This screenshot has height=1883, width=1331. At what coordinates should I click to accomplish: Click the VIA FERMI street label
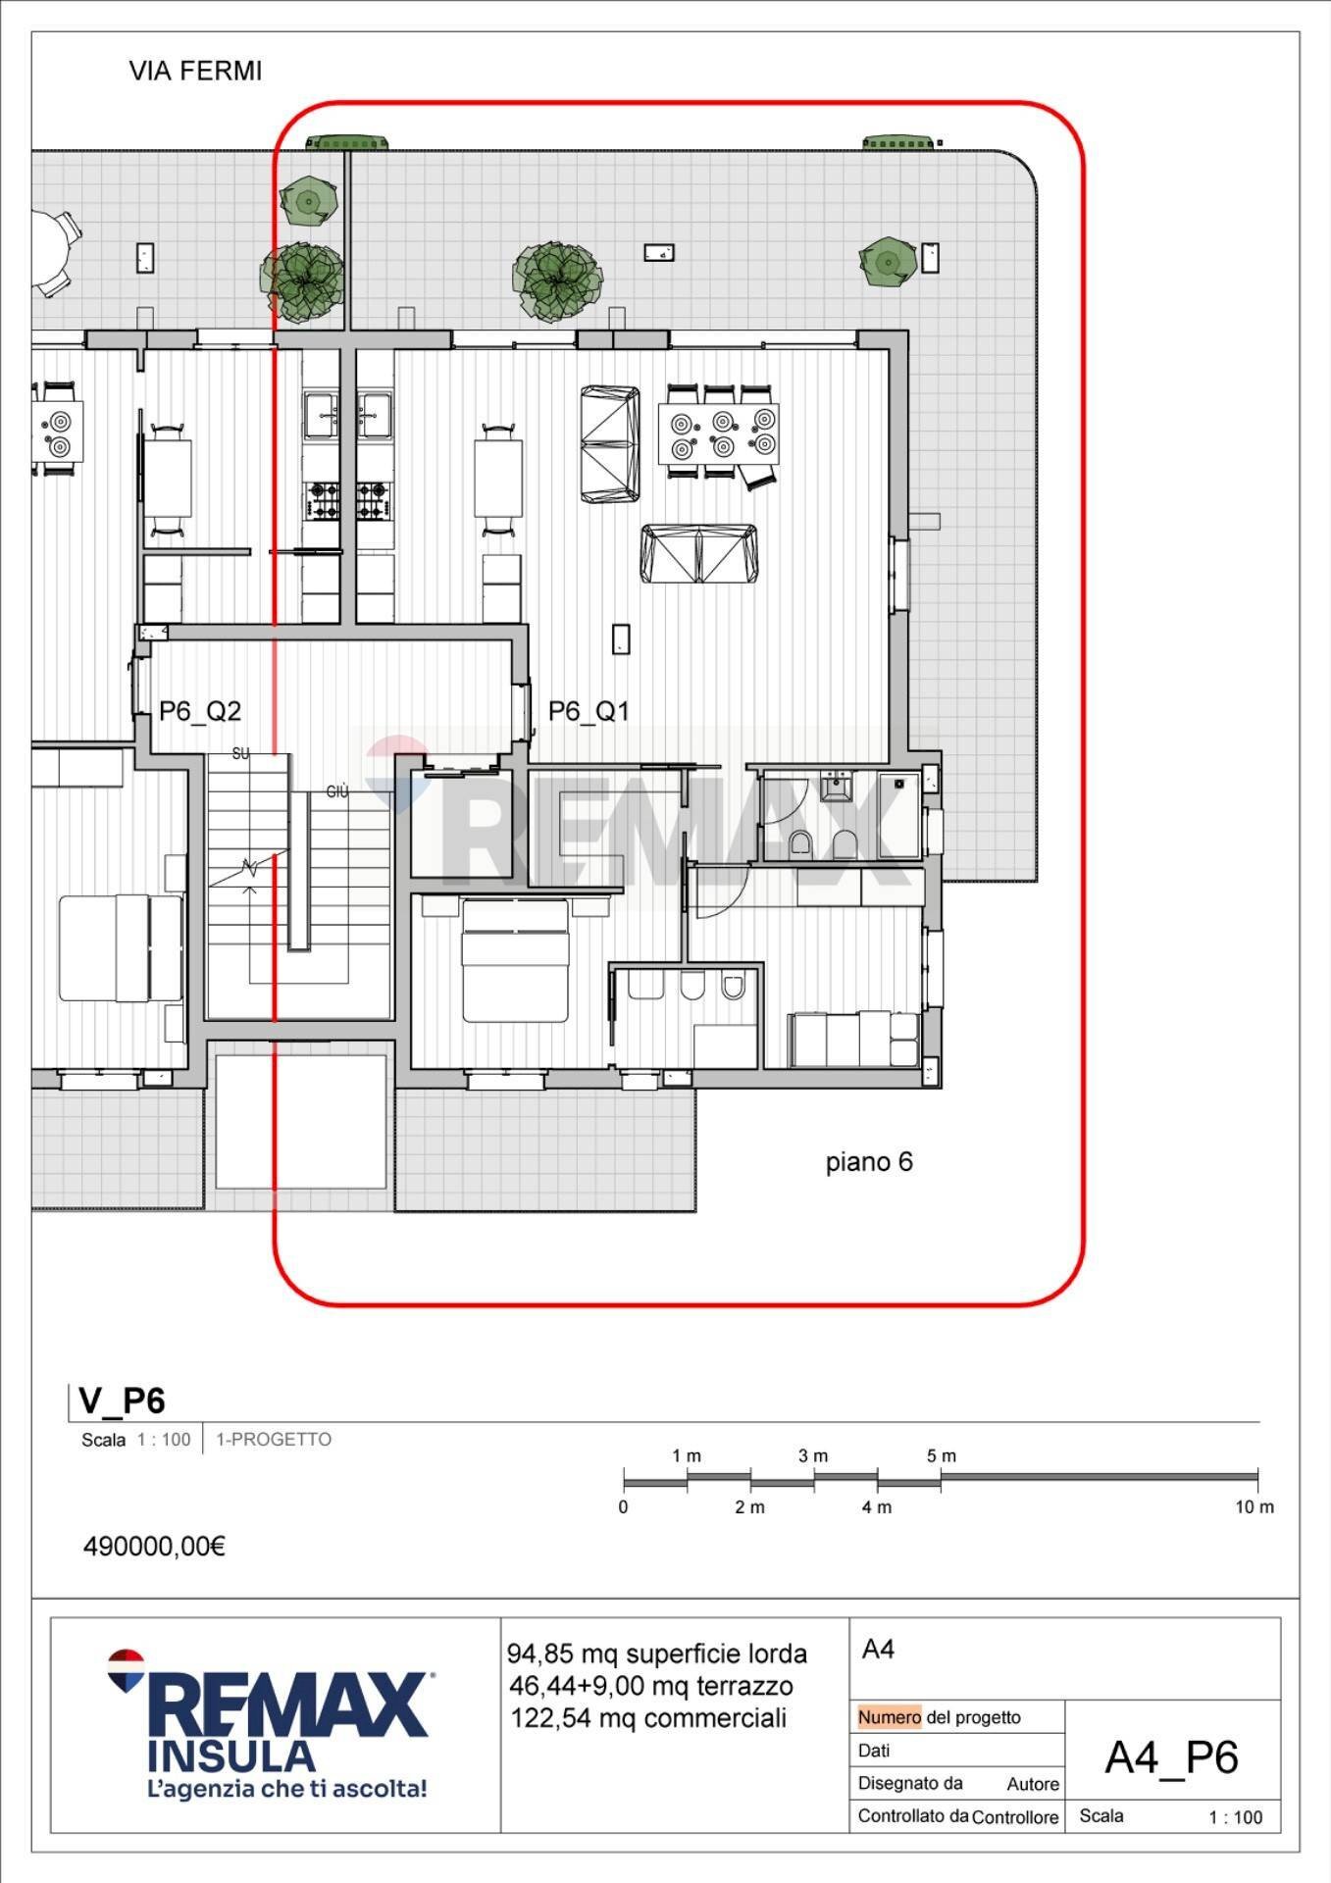[195, 72]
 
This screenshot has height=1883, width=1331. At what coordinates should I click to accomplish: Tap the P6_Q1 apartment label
[588, 711]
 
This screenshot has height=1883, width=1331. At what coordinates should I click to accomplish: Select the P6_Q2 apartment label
[200, 711]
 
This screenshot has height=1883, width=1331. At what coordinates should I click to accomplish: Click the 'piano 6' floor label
[869, 1162]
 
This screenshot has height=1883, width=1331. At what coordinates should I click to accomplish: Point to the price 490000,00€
[154, 1547]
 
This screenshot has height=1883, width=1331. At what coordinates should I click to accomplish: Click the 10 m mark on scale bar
[1254, 1507]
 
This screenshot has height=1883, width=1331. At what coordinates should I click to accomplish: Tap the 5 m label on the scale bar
[941, 1455]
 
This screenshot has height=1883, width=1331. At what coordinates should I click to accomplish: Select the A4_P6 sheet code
[1171, 1757]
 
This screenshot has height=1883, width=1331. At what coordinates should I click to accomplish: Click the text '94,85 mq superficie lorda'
[656, 1654]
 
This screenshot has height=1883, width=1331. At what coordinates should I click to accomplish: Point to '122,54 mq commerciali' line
[647, 1718]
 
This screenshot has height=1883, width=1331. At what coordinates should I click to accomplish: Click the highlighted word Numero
[889, 1717]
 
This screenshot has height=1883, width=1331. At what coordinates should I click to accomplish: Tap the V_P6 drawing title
[122, 1401]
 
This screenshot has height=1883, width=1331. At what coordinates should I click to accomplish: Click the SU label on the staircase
[240, 753]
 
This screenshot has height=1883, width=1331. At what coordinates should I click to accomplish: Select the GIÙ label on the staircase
[337, 791]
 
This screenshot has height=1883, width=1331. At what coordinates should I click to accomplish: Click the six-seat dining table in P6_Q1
[719, 433]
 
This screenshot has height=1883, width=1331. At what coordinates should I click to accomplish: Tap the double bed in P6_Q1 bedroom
[515, 961]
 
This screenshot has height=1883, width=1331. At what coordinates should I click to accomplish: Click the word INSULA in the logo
[231, 1755]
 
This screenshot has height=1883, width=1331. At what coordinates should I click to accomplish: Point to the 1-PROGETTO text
[274, 1440]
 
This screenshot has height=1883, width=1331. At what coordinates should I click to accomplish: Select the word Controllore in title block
[1015, 1817]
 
